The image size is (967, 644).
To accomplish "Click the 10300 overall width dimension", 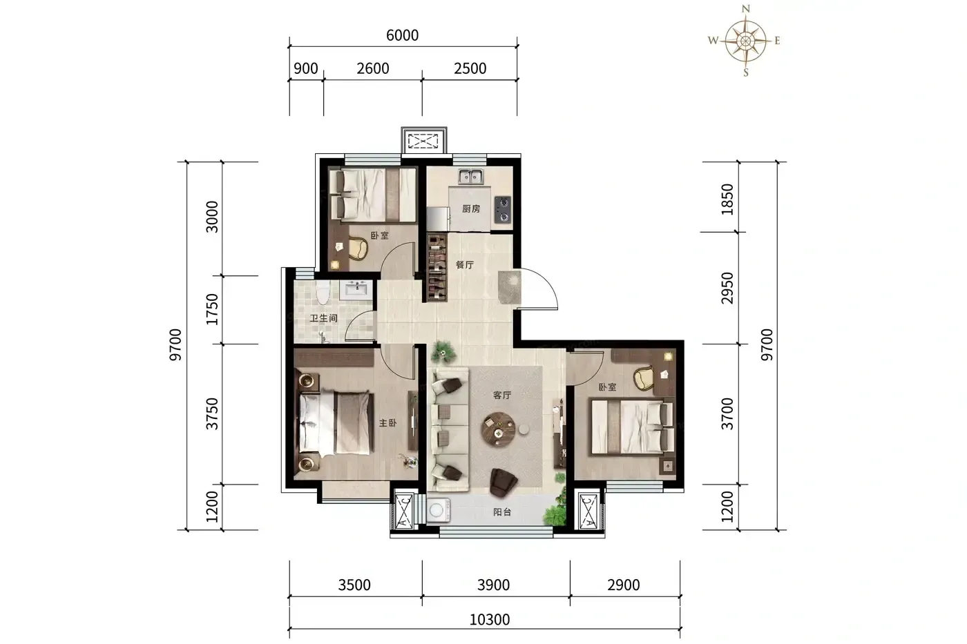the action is (490, 619).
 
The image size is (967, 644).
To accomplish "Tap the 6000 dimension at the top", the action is (402, 35).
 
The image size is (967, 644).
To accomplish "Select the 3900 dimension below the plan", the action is (493, 585).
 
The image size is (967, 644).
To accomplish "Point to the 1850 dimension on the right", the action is (727, 199).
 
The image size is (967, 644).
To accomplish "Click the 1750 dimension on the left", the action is (213, 309).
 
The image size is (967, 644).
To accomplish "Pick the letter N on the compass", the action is (745, 8).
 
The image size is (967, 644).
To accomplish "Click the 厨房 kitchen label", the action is (471, 208).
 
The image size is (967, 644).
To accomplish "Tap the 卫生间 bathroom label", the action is (323, 318).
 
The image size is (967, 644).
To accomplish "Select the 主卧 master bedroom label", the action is (387, 423).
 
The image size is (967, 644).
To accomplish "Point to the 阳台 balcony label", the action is (502, 512).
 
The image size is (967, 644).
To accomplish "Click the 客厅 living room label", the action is (502, 395).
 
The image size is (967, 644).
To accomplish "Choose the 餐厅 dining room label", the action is (465, 265).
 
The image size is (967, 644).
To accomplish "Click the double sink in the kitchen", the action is (471, 177).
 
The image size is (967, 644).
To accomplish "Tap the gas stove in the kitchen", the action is (503, 210).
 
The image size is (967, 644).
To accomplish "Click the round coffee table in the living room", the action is (497, 429).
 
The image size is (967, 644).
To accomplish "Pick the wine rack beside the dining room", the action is (437, 267).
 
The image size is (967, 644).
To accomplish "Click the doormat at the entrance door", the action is (510, 287).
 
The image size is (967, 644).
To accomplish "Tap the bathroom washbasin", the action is (356, 289).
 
